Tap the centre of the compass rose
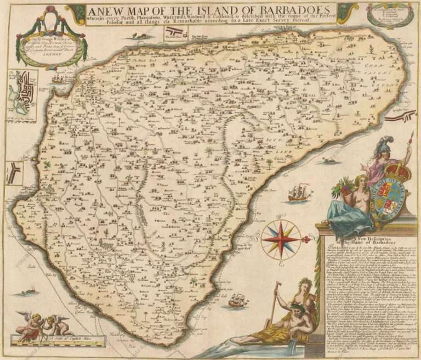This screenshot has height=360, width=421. (x=280, y=239)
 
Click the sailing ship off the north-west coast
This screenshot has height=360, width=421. (x=58, y=79)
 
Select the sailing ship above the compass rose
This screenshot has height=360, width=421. (x=299, y=193)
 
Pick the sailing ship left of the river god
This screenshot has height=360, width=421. (x=238, y=300)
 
